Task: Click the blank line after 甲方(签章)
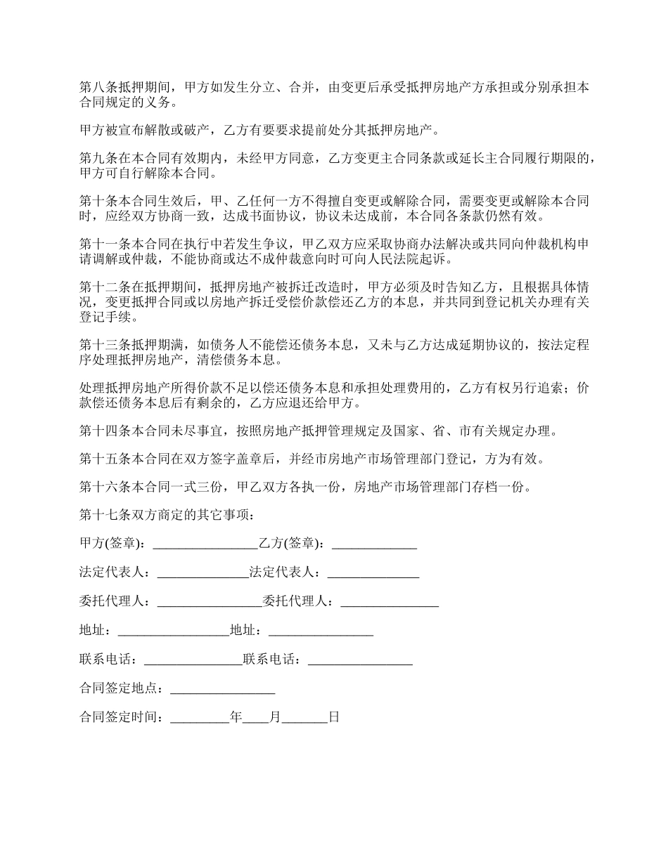[x=205, y=546]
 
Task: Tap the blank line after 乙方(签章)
[x=374, y=546]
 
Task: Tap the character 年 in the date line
[x=236, y=718]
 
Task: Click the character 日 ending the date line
[x=334, y=718]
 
